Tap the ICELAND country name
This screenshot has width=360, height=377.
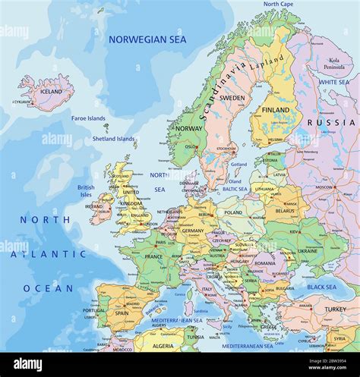coord(51,91)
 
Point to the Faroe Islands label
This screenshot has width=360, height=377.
coord(88,118)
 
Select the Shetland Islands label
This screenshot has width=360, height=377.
coord(114,139)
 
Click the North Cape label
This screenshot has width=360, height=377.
coord(279,4)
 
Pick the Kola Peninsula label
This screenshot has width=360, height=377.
coord(334,64)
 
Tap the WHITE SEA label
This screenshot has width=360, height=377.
coord(334,82)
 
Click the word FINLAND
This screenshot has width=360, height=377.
coord(276,110)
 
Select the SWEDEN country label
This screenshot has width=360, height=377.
coord(232,98)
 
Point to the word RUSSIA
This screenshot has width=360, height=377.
coord(331,122)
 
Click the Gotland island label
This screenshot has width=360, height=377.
coord(238,164)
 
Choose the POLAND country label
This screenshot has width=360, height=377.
coord(233,213)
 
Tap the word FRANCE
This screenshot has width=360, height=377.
coord(153,256)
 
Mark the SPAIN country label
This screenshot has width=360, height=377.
coord(122,313)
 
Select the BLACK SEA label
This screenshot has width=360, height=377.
coord(321,287)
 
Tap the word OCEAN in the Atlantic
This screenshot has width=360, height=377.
coord(48,288)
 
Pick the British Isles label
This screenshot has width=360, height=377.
coord(86,190)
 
